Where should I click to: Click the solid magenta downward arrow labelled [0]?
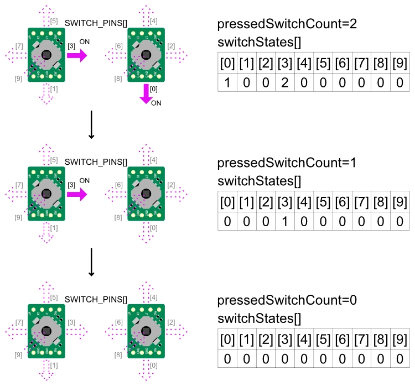[146, 92]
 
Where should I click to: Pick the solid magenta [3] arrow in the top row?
[77, 55]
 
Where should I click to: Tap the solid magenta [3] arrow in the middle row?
[77, 193]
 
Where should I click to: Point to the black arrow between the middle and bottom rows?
[92, 263]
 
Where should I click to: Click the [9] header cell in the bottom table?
[400, 339]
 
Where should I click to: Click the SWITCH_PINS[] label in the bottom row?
[96, 299]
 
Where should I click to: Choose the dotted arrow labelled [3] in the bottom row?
[77, 331]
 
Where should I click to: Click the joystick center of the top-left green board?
[46, 54]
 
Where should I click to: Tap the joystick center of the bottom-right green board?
[146, 331]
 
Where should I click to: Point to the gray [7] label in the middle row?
[19, 184]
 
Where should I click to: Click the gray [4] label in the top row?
[154, 22]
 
